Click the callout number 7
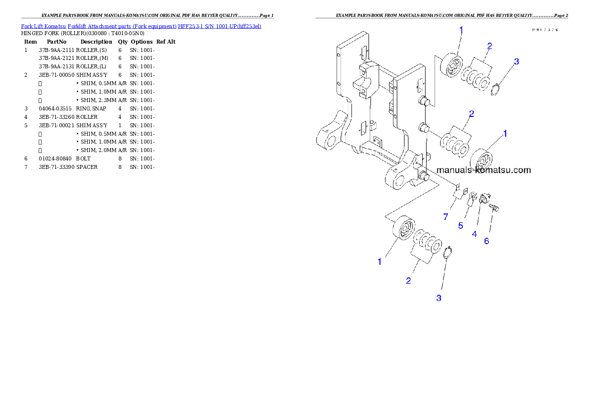(x=445, y=217)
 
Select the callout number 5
(x=460, y=225)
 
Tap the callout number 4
(x=474, y=234)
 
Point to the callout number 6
(x=487, y=241)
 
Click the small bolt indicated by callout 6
(x=494, y=209)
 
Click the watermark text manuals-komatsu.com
(x=483, y=170)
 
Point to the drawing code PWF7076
(x=545, y=30)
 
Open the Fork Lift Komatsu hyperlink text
(x=141, y=26)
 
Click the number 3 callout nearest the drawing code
(x=516, y=62)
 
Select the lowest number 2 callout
(x=408, y=281)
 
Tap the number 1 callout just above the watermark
(x=505, y=133)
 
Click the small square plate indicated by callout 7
(x=458, y=188)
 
